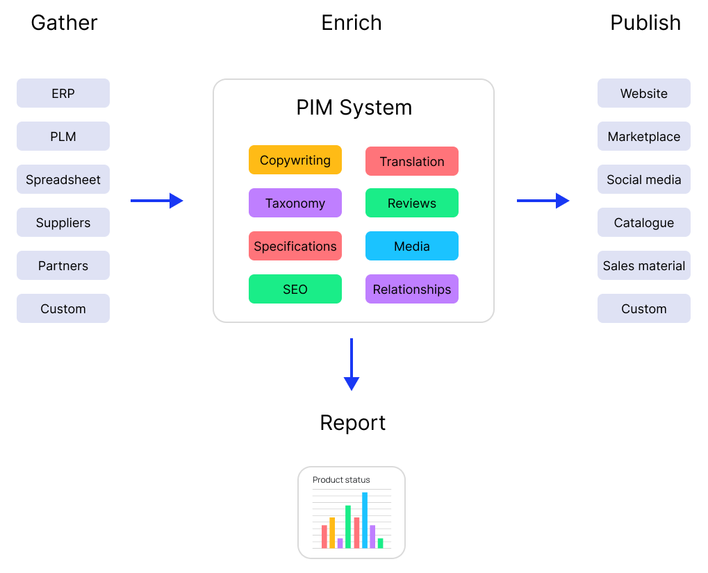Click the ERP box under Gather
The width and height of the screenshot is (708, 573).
click(x=63, y=93)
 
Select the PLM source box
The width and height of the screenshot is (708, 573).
click(x=63, y=136)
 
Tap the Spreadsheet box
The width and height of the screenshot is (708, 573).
click(x=63, y=179)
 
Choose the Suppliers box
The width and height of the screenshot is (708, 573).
click(x=63, y=222)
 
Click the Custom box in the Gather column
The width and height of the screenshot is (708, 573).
click(x=63, y=308)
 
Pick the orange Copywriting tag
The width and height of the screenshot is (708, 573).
click(x=295, y=160)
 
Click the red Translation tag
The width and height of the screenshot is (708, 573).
click(x=412, y=161)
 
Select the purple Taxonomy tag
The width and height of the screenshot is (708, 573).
click(x=295, y=203)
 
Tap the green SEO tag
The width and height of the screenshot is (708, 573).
click(x=295, y=289)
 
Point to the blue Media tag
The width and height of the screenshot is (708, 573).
click(x=412, y=246)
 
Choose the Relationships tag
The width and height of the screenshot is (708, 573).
click(x=412, y=289)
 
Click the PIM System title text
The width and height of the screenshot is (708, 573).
click(x=354, y=108)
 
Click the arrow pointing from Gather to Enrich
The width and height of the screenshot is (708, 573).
click(x=157, y=201)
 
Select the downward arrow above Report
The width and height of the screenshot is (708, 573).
click(x=352, y=365)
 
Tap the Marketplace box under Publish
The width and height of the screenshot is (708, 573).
click(x=644, y=136)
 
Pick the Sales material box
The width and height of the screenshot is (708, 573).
click(x=644, y=265)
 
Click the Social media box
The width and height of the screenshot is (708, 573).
click(x=644, y=179)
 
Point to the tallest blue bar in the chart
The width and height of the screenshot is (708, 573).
click(x=365, y=520)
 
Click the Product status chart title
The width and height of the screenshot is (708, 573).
click(x=341, y=480)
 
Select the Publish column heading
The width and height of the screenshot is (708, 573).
click(x=645, y=23)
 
